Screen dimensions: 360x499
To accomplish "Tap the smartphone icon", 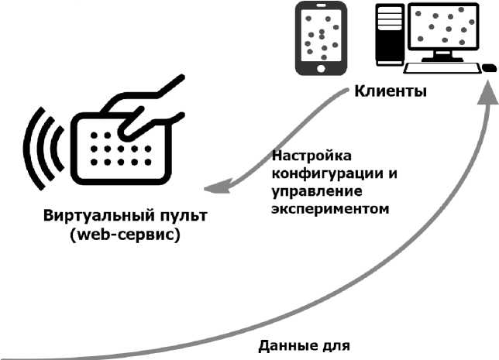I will (320, 38).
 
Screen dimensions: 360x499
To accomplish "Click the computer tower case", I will (389, 35).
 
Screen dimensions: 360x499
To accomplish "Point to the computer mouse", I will (490, 67).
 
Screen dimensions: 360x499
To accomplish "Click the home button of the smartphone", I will (320, 67).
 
